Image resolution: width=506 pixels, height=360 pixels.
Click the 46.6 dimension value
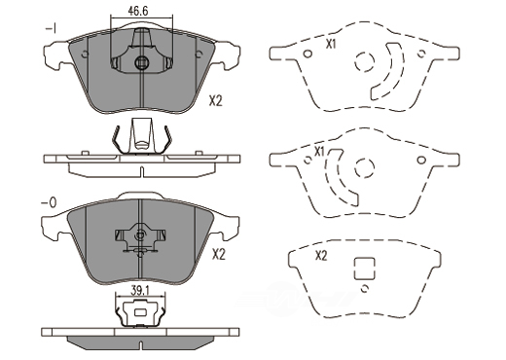[138, 11]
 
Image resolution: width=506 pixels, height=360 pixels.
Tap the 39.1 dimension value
[140, 291]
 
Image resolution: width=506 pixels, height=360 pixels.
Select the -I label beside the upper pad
[52, 29]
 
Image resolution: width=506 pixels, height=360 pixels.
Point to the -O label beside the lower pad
[49, 202]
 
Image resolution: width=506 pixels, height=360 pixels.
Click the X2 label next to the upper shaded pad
[215, 101]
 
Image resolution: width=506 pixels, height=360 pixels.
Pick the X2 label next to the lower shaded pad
[219, 255]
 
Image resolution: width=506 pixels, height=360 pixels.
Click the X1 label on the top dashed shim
[331, 45]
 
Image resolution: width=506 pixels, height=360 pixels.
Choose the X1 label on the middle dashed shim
[320, 152]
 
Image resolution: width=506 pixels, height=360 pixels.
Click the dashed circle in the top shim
[365, 61]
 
